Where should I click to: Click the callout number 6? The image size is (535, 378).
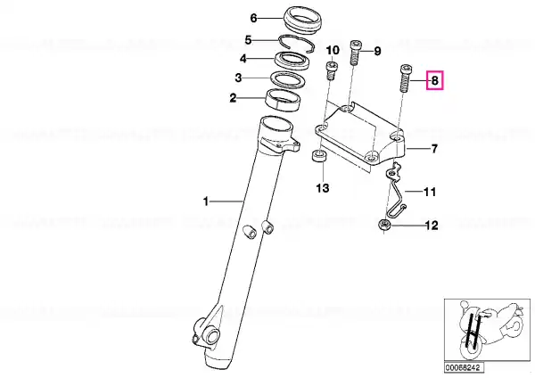tap(253, 18)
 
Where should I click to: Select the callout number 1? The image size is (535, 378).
tap(206, 201)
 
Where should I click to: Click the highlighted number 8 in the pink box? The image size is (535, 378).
tap(434, 81)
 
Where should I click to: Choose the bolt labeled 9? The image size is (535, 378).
tap(355, 53)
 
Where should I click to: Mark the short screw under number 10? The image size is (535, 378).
tap(332, 70)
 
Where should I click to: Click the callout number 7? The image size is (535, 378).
tap(434, 149)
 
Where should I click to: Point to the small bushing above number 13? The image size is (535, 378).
tap(319, 157)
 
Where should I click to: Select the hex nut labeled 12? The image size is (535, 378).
tap(385, 226)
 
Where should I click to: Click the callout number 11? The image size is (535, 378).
tap(430, 192)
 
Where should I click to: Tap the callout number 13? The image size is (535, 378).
tap(323, 188)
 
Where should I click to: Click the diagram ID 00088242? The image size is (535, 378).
tap(464, 367)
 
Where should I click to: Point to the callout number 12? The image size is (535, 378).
tap(432, 226)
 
